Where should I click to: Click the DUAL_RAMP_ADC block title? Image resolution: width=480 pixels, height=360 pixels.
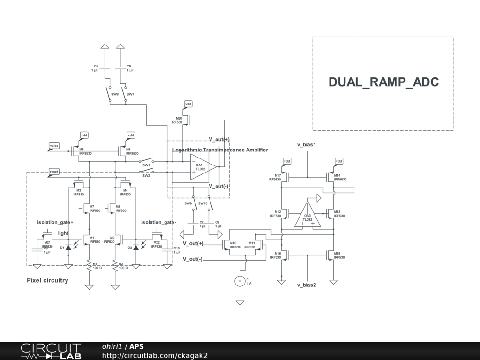(383, 82)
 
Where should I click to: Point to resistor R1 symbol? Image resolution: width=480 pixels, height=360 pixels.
(89, 266)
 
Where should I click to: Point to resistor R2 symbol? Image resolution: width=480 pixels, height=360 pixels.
(115, 266)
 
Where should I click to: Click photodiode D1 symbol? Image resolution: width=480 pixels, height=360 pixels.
(68, 247)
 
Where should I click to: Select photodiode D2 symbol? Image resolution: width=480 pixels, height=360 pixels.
(136, 247)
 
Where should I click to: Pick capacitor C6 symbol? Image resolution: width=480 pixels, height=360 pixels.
(120, 67)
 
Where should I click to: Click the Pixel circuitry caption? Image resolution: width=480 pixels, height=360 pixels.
(47, 280)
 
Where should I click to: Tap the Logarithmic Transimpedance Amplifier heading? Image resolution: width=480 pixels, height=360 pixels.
(220, 150)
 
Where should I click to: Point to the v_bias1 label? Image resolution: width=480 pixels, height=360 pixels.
(307, 145)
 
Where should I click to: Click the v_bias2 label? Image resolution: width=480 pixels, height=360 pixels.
(307, 285)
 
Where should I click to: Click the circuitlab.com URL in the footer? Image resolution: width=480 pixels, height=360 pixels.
(155, 356)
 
